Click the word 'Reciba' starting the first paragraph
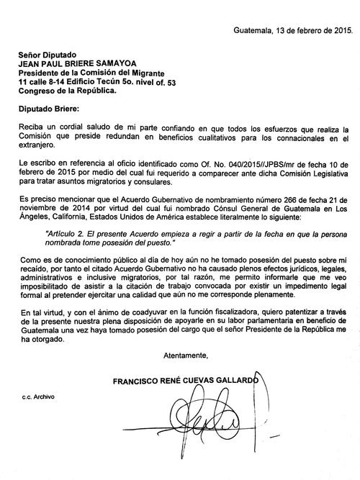tap(31, 127)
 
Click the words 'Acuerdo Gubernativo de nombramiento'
tap(172, 196)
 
